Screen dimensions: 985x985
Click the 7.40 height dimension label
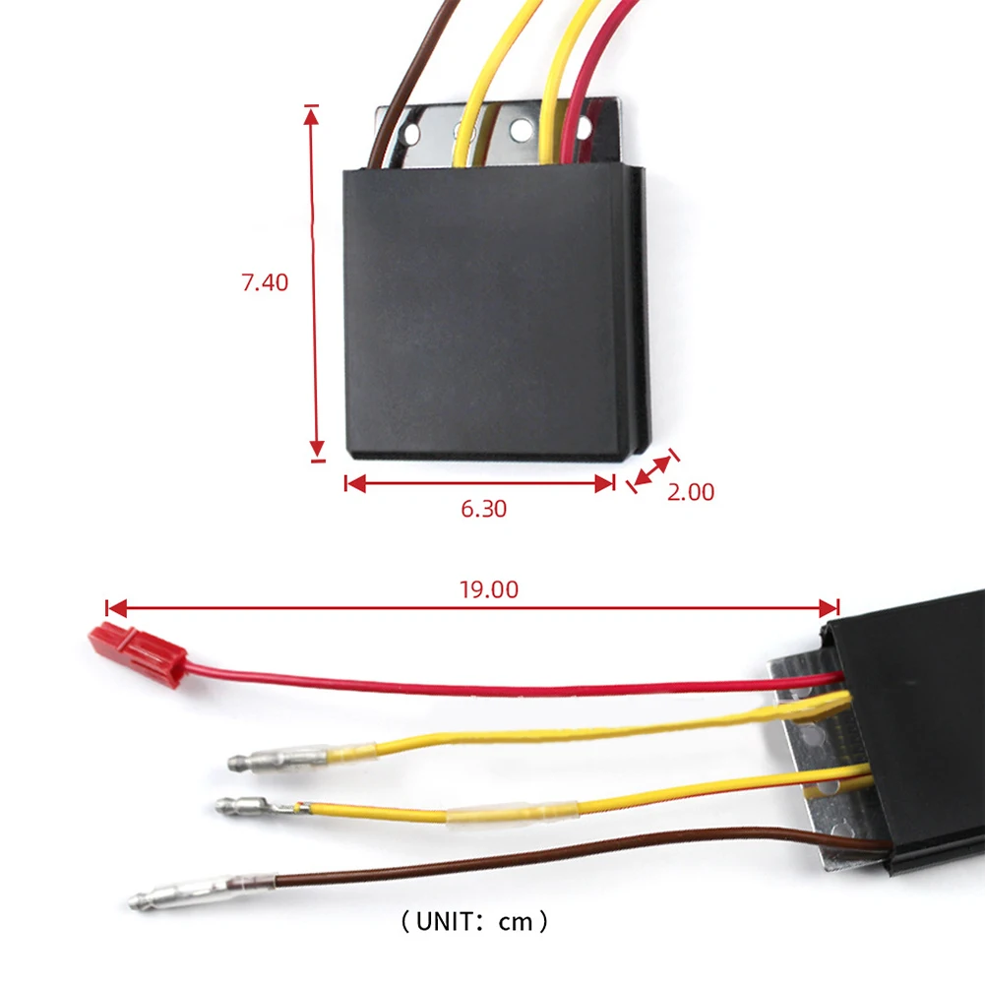265,282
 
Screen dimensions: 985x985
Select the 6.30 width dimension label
483,509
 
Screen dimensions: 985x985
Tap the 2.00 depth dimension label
691,492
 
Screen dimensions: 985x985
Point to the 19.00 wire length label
488,589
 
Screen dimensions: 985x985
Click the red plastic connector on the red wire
137,653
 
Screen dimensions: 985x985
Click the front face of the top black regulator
482,310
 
